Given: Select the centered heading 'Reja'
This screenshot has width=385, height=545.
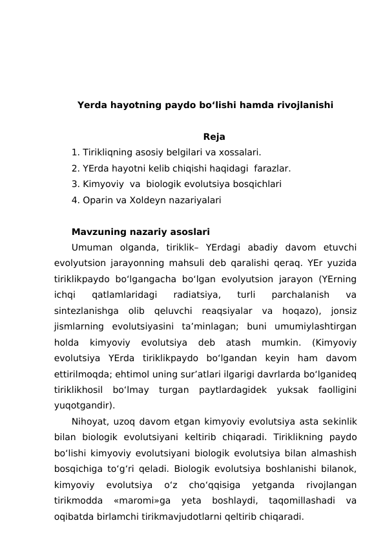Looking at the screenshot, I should pyautogui.click(x=214, y=137).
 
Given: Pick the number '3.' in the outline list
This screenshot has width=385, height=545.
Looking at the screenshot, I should pyautogui.click(x=76, y=184).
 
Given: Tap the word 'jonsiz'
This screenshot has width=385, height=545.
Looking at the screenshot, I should pyautogui.click(x=342, y=311).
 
